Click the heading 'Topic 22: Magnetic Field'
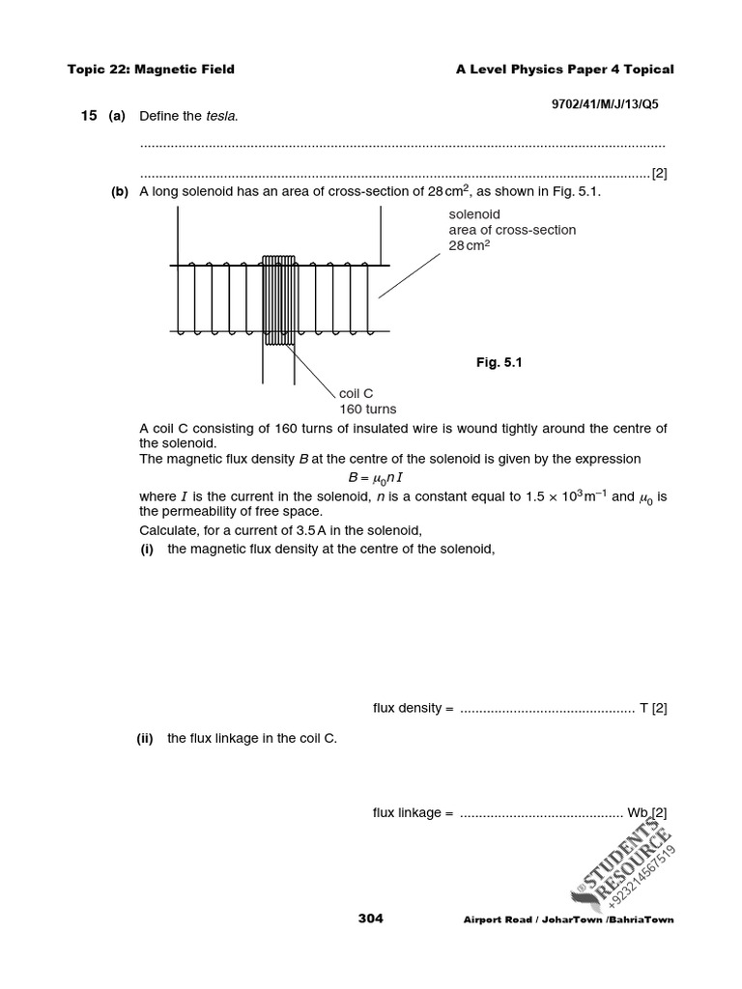click(151, 70)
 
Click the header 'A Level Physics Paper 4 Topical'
click(564, 70)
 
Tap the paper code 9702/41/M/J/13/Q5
click(612, 101)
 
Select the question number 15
click(89, 116)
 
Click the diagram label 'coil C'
click(357, 393)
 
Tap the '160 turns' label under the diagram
click(367, 409)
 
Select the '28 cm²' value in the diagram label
click(469, 245)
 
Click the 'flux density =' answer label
click(413, 708)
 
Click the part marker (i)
click(148, 550)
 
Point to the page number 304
click(370, 918)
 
